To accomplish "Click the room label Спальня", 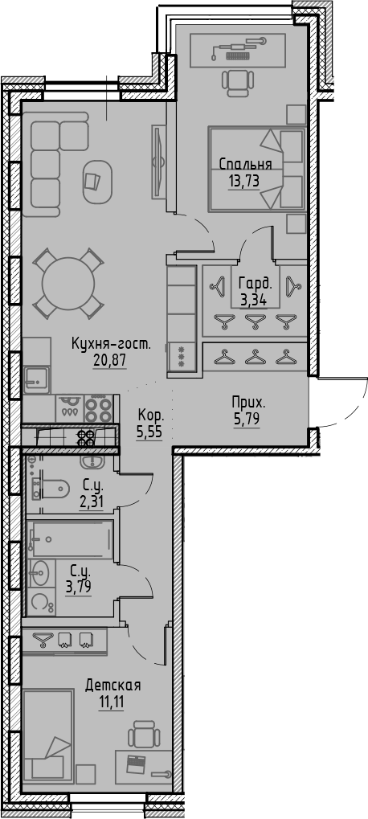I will (246, 165).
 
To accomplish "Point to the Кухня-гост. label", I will (111, 343).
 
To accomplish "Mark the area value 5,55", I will (151, 431).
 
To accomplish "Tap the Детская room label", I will (113, 685).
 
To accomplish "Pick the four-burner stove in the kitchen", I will (97, 409).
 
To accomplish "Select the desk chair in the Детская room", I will (145, 735).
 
